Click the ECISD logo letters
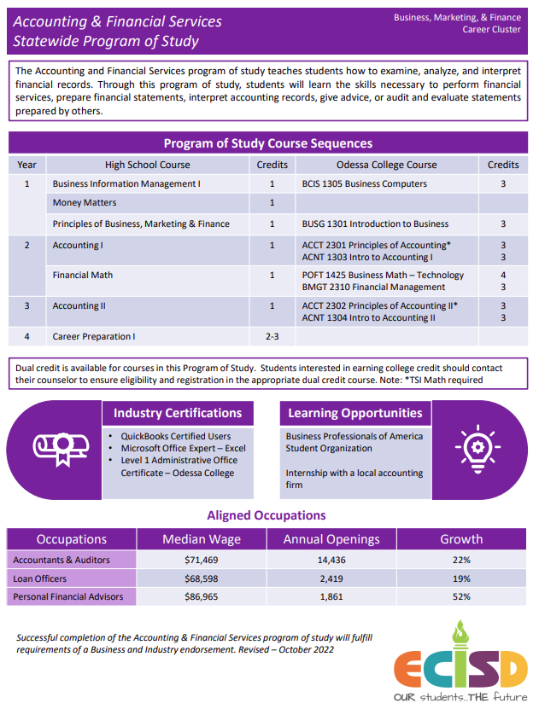[x=460, y=666]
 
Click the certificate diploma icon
[x=56, y=449]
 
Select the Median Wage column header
[x=202, y=539]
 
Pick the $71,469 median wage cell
[x=202, y=560]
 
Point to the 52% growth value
[x=461, y=596]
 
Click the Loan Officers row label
[x=39, y=578]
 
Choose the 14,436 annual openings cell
[x=331, y=560]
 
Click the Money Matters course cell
[x=85, y=203]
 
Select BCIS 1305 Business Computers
[x=364, y=183]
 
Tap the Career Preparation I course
[x=94, y=337]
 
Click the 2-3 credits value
[x=272, y=337]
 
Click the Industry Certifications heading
[x=178, y=413]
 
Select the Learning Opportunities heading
[x=354, y=413]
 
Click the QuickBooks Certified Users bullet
[x=175, y=436]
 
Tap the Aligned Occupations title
[x=267, y=515]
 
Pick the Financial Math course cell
[x=83, y=276]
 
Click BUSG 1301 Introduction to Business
[x=375, y=224]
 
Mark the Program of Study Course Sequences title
[x=268, y=143]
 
